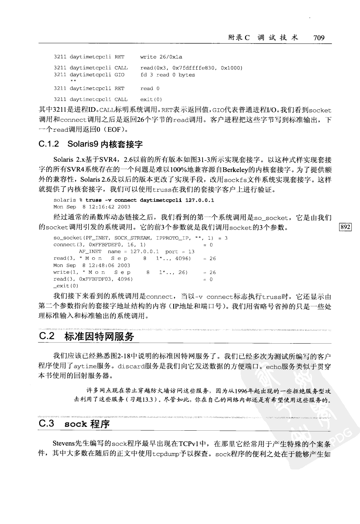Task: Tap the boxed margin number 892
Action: [x=346, y=227]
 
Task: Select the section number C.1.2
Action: [x=49, y=144]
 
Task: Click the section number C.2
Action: [x=47, y=336]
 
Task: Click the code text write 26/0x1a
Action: [x=161, y=57]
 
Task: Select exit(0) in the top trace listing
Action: [x=151, y=99]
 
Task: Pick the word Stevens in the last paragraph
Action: [x=63, y=444]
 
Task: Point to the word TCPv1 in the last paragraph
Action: [x=189, y=444]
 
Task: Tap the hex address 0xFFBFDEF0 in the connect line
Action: [x=93, y=244]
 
